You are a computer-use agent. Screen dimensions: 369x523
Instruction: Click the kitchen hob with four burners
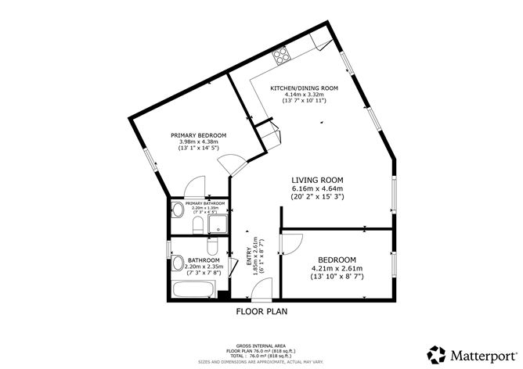point(280,56)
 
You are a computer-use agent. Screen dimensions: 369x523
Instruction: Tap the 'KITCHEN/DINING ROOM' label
point(304,88)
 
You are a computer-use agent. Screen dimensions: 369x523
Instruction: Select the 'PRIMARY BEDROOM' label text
point(198,134)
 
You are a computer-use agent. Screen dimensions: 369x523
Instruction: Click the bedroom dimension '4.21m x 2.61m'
point(337,270)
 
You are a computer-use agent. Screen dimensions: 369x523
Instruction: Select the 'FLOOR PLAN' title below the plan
point(262,311)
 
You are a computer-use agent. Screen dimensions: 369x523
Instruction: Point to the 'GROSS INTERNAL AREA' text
point(261,345)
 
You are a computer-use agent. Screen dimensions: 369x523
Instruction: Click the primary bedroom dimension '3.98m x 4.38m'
point(198,141)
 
